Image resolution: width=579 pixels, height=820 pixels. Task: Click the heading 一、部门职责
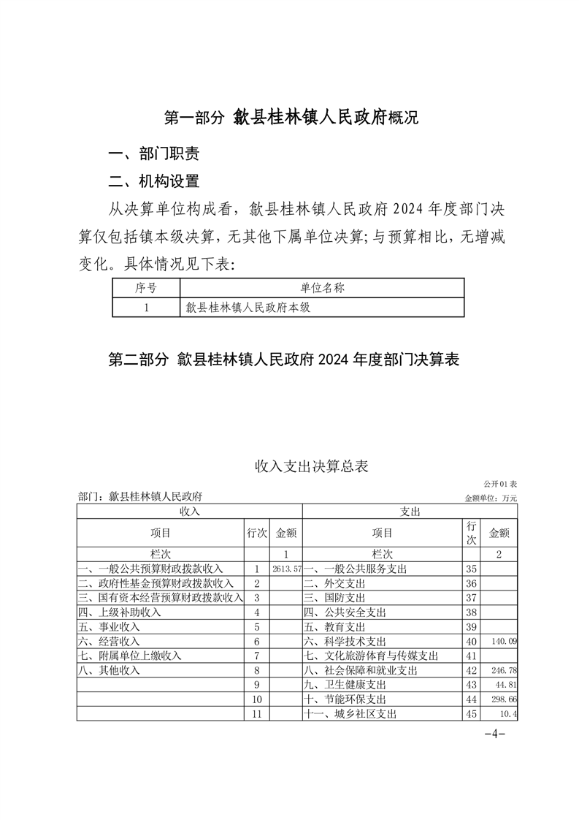tap(153, 154)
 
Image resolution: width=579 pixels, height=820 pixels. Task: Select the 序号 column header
tap(146, 288)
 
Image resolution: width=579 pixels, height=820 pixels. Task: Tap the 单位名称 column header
tap(322, 288)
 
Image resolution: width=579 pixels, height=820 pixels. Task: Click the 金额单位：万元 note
tap(491, 498)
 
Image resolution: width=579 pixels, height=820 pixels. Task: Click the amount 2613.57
tap(286, 569)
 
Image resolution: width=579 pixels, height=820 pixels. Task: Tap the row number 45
tap(471, 714)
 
